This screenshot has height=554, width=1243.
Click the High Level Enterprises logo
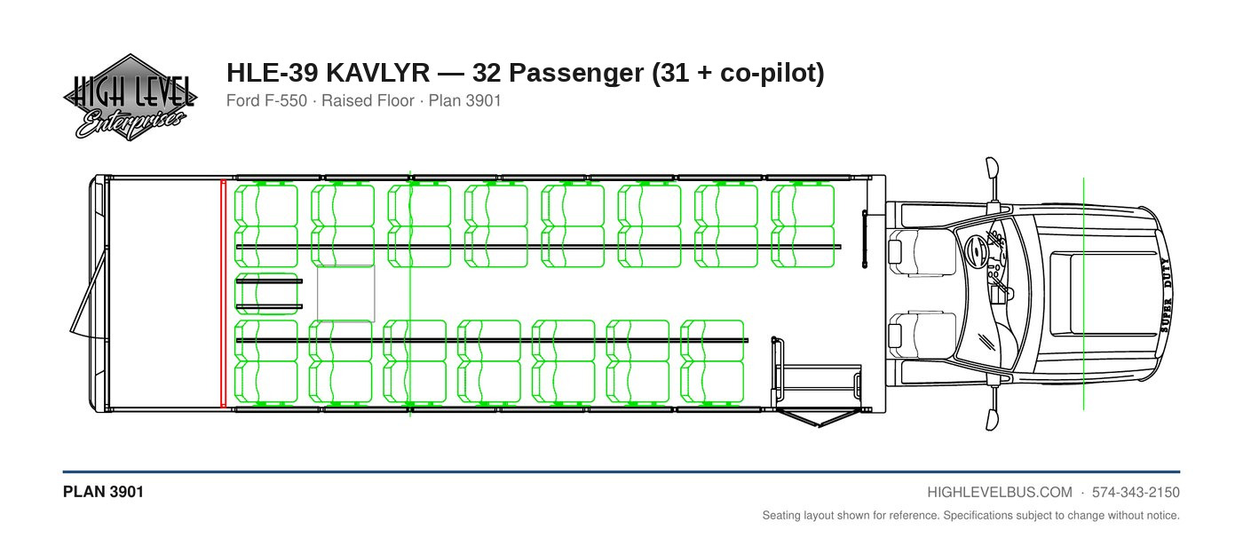(130, 97)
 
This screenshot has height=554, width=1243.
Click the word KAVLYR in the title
(377, 73)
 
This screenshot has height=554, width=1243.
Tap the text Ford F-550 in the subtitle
(266, 100)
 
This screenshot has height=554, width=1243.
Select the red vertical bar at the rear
(224, 294)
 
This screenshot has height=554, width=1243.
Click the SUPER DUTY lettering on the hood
(1166, 295)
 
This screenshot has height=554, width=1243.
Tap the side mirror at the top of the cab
(992, 178)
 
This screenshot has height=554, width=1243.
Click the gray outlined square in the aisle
(346, 294)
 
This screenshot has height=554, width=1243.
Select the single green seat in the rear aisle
(267, 294)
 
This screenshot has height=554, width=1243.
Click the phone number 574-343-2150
(1136, 493)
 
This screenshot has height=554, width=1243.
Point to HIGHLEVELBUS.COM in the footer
(1000, 493)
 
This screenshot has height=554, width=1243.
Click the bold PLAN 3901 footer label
(103, 492)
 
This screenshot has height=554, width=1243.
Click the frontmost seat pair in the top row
(803, 226)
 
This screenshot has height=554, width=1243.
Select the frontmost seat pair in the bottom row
(712, 361)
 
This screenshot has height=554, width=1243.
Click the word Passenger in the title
(576, 74)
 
